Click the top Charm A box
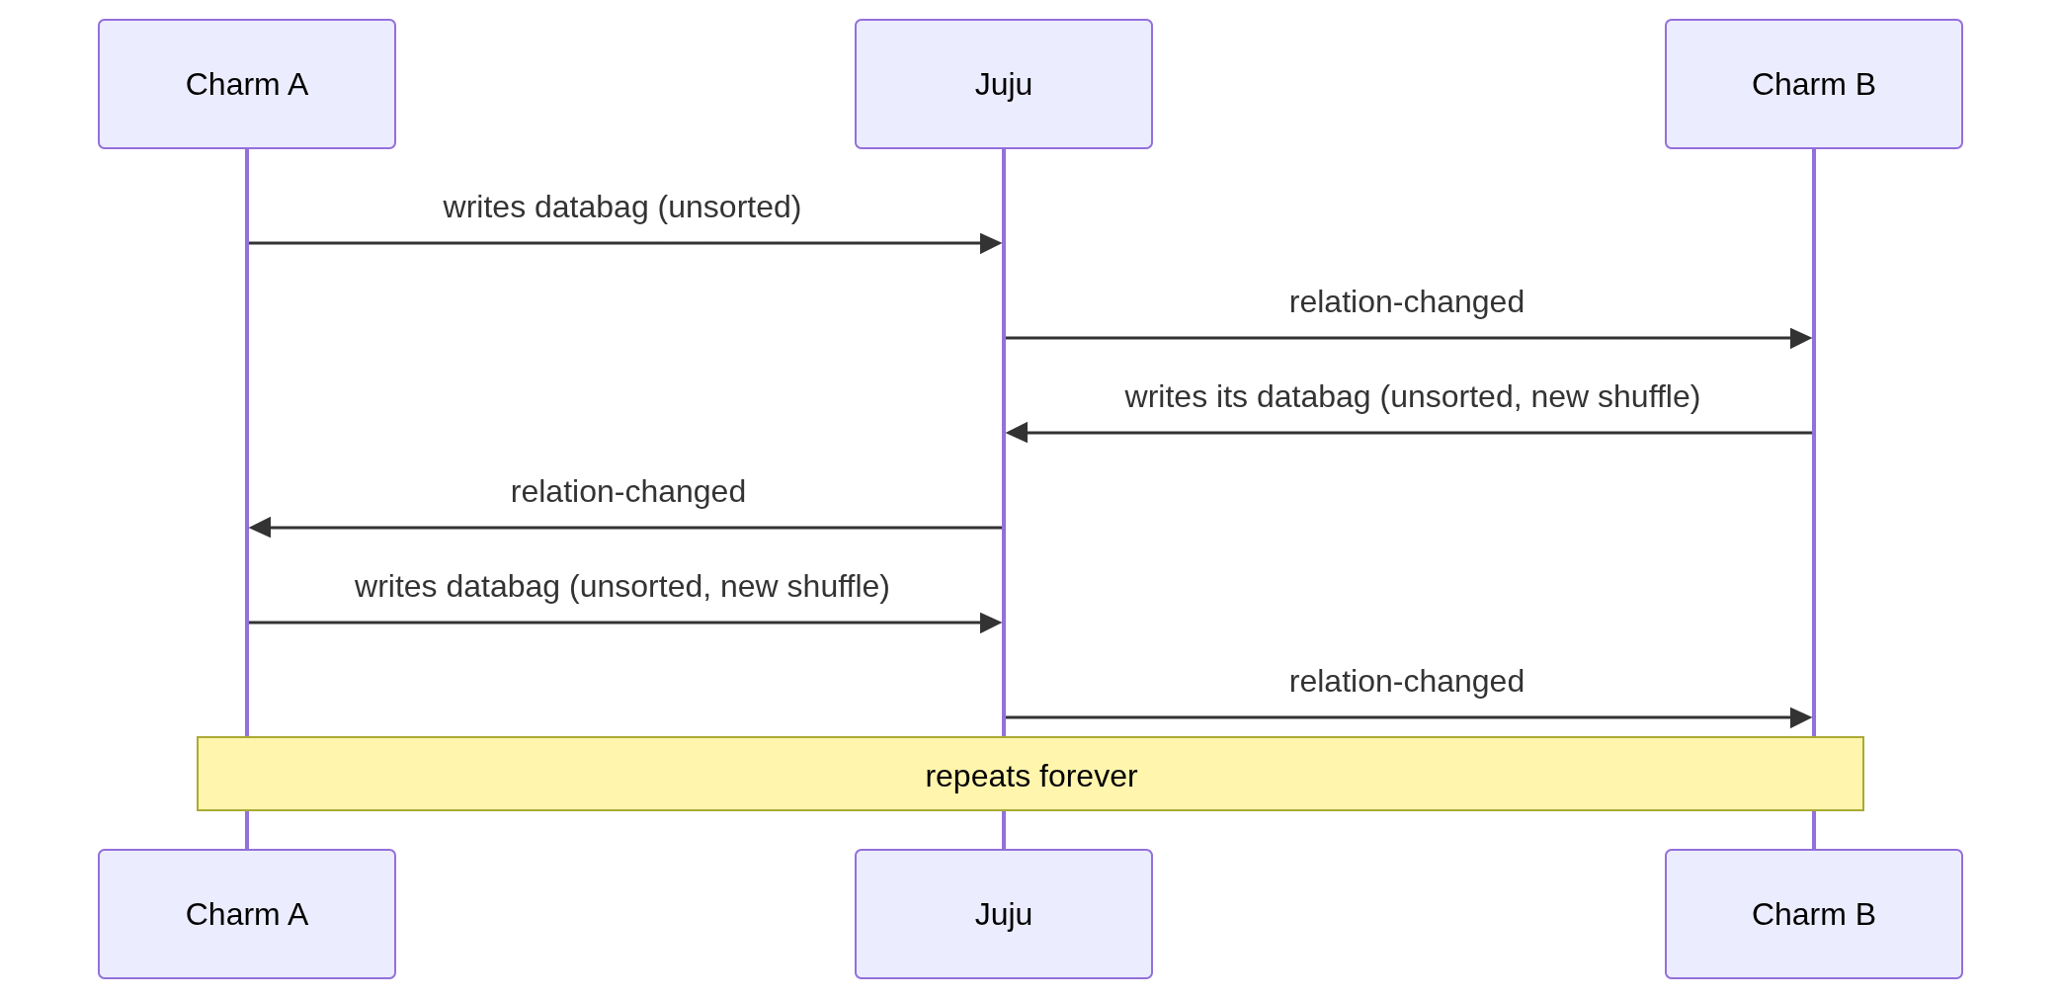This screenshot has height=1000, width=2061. pyautogui.click(x=247, y=84)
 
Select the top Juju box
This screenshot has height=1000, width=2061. pyautogui.click(x=1004, y=84)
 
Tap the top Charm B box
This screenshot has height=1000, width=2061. pyautogui.click(x=1814, y=84)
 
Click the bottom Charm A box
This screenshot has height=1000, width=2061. pyautogui.click(x=247, y=914)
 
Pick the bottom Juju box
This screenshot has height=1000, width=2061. pyautogui.click(x=1004, y=914)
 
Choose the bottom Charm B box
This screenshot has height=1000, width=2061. pyautogui.click(x=1814, y=914)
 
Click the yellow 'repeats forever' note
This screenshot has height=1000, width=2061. pyautogui.click(x=1030, y=774)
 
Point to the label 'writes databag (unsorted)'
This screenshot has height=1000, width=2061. pyautogui.click(x=622, y=208)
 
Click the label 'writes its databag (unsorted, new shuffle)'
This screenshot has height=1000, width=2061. pyautogui.click(x=1413, y=397)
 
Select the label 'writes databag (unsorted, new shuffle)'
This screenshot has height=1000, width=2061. pyautogui.click(x=622, y=587)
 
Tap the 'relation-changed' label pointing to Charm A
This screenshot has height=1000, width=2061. pyautogui.click(x=628, y=492)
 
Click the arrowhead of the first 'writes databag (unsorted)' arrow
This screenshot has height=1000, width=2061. pyautogui.click(x=991, y=243)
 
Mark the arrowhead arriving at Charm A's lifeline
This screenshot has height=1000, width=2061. pyautogui.click(x=260, y=528)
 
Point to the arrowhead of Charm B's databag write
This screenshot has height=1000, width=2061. pyautogui.click(x=1017, y=433)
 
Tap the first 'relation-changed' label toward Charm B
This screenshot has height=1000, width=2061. pyautogui.click(x=1407, y=302)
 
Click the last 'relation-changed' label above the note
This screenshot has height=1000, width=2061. pyautogui.click(x=1407, y=682)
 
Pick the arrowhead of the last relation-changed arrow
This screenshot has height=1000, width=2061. pyautogui.click(x=1801, y=717)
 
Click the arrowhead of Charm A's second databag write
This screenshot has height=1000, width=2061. pyautogui.click(x=991, y=623)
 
